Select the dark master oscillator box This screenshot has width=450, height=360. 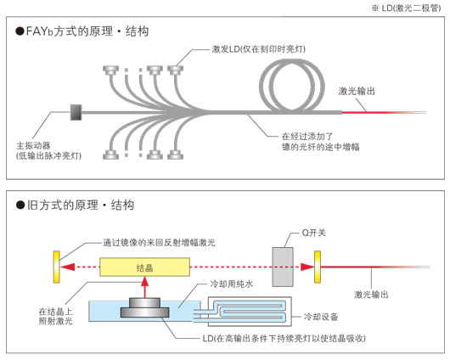[x=75, y=112]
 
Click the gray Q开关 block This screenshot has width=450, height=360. [x=284, y=267]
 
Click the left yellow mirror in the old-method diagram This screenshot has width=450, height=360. [x=56, y=267]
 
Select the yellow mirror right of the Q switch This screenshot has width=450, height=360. [x=318, y=267]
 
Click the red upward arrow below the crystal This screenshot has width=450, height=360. [x=145, y=289]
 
